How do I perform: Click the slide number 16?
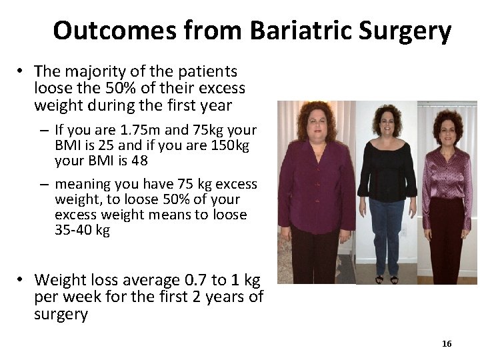click(x=447, y=343)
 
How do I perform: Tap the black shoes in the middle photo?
click(x=386, y=279)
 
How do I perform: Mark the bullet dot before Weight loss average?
click(x=21, y=280)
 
